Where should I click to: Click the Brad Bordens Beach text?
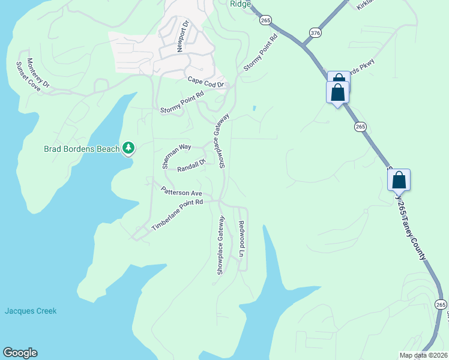(x=82, y=149)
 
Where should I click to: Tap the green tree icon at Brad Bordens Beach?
(x=128, y=148)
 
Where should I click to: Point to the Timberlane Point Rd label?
(x=178, y=215)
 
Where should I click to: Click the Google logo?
(x=20, y=353)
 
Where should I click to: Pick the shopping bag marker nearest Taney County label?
(x=399, y=180)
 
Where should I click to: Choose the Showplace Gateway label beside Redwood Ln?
(x=220, y=245)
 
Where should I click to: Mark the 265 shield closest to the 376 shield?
(x=265, y=20)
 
